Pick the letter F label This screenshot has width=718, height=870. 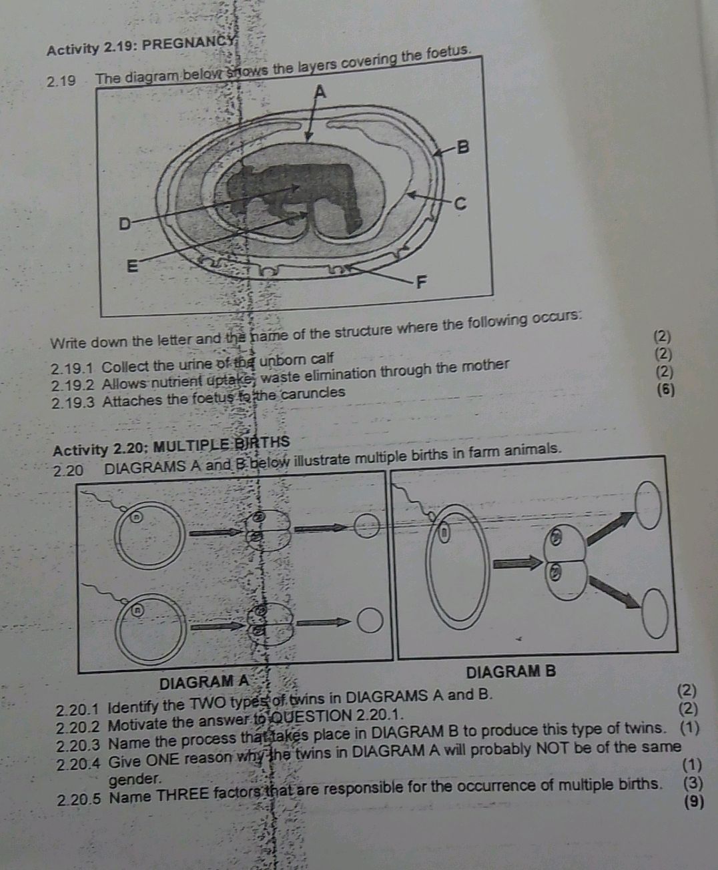click(x=420, y=283)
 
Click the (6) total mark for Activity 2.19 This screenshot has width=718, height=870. click(x=665, y=390)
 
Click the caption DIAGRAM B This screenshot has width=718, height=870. click(x=510, y=671)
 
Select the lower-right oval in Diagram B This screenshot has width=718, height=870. click(x=656, y=612)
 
